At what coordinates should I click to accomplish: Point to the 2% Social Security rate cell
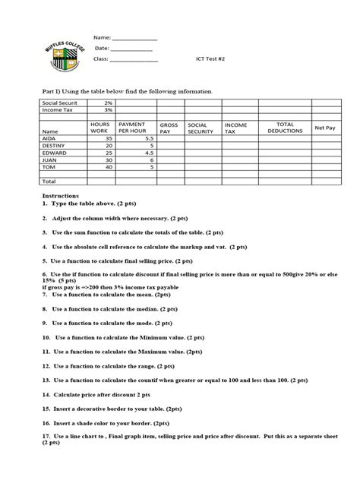[x=109, y=102]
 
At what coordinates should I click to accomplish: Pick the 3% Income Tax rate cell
[x=109, y=109]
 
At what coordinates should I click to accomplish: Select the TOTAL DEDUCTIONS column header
[x=286, y=128]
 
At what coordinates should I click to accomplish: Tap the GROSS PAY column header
[x=168, y=128]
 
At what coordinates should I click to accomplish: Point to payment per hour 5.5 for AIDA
[x=149, y=139]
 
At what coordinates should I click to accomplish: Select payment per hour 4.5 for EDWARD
[x=149, y=153]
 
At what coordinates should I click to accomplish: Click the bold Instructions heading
[x=60, y=195]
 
